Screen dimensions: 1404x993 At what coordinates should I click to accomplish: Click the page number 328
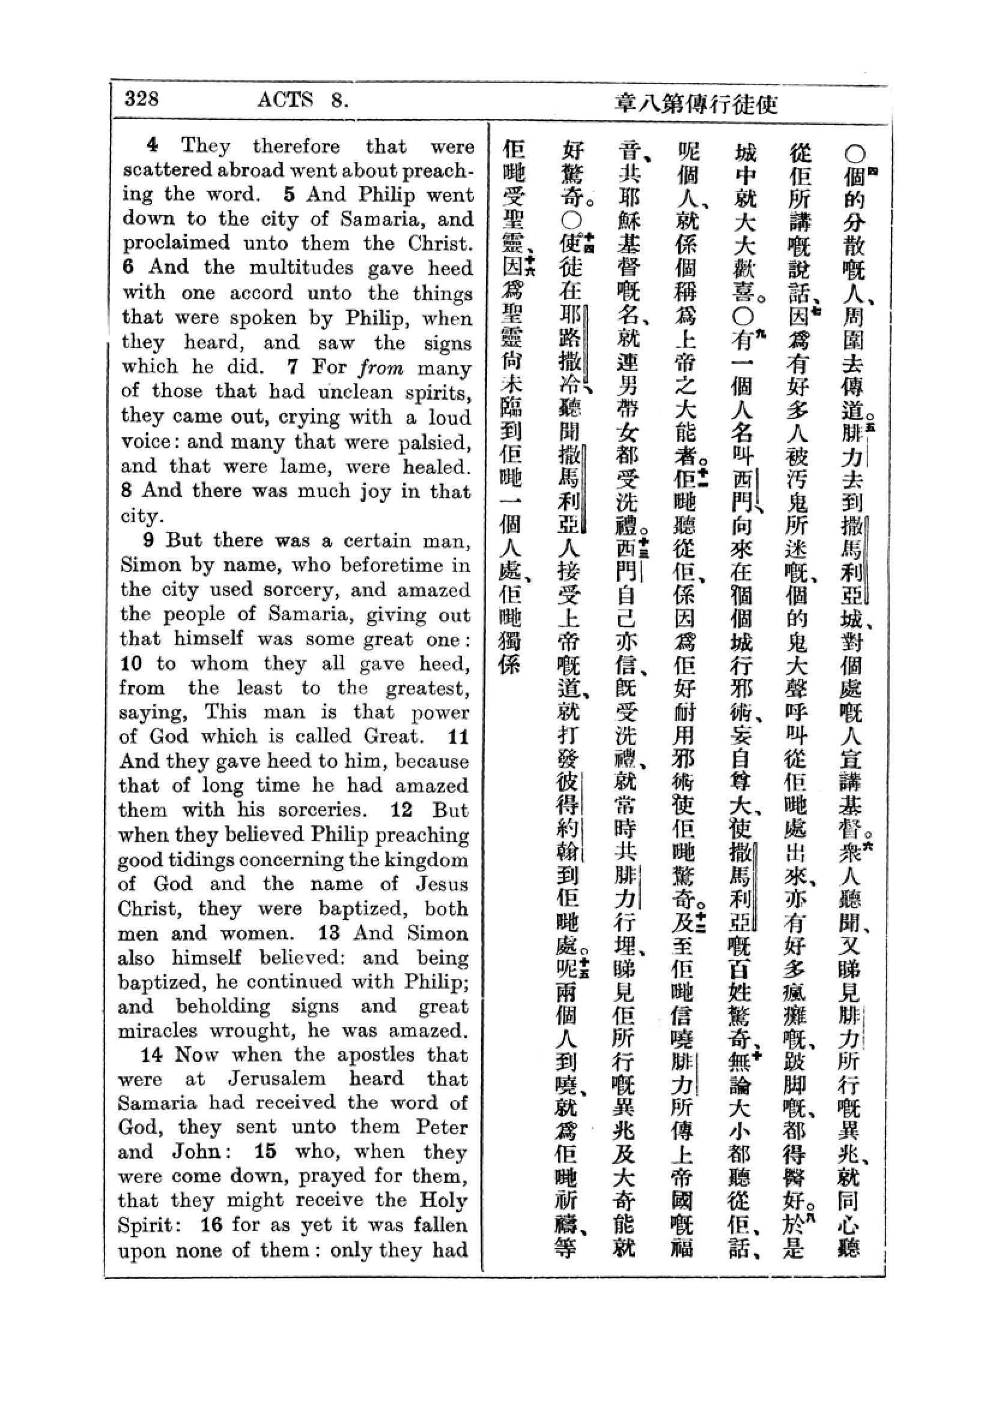142,98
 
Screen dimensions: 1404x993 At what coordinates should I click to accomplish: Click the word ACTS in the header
285,99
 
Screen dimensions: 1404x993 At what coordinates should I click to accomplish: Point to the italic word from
381,367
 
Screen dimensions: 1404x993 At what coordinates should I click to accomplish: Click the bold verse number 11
458,737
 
